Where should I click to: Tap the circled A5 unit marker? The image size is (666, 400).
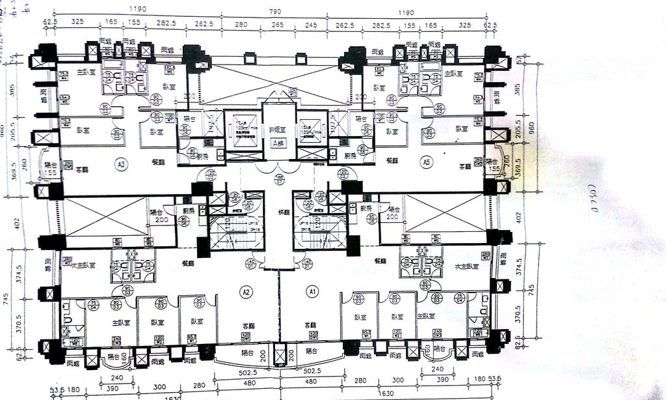(426, 162)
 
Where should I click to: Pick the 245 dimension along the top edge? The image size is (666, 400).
(310, 24)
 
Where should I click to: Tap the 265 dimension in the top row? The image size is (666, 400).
(278, 24)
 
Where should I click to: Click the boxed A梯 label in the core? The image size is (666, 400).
(279, 144)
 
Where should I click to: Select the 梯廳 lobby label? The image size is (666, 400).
(284, 212)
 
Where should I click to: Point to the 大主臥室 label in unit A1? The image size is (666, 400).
(466, 266)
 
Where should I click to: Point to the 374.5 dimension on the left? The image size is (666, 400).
(21, 272)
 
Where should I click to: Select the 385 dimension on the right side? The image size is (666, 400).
(518, 90)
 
